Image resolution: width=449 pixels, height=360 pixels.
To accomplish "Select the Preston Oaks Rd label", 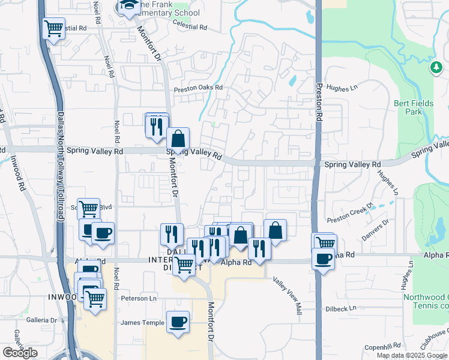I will [198, 88].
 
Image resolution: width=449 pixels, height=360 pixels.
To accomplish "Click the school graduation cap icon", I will [128, 7].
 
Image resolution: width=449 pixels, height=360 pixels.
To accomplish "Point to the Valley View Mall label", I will [287, 295].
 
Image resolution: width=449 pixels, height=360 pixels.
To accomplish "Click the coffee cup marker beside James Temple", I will [178, 322].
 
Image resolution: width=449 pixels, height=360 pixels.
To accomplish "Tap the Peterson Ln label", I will [139, 298].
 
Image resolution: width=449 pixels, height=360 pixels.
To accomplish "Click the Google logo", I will [20, 352].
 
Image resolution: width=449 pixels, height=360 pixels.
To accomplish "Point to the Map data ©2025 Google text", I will [412, 355].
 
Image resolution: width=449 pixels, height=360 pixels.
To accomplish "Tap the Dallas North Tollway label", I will [60, 168].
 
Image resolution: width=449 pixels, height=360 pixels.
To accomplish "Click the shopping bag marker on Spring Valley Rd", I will [178, 139].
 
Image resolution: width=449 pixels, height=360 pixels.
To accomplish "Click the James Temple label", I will [142, 323].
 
